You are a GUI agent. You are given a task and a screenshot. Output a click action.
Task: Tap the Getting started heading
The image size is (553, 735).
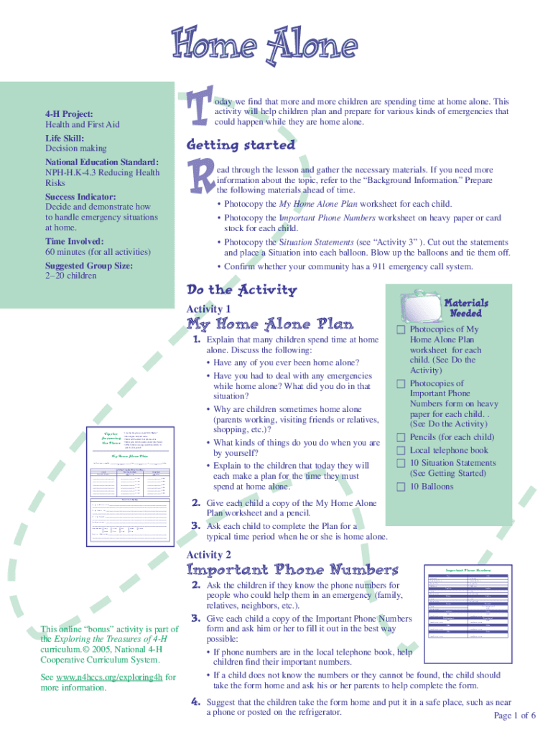point(241,145)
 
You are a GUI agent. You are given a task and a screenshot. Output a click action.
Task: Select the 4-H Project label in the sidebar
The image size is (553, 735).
point(69,114)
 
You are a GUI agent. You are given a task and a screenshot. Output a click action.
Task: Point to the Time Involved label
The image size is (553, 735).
point(75,242)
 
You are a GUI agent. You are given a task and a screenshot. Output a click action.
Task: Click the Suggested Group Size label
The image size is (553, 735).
point(89,266)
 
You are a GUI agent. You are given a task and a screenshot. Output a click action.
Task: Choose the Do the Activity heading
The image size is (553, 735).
point(241,290)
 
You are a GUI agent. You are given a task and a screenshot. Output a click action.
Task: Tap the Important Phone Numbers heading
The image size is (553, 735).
point(292,570)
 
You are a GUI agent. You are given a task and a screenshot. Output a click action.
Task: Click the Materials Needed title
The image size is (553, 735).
point(467,308)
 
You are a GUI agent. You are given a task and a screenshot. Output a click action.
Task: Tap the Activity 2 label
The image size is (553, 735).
point(208,555)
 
